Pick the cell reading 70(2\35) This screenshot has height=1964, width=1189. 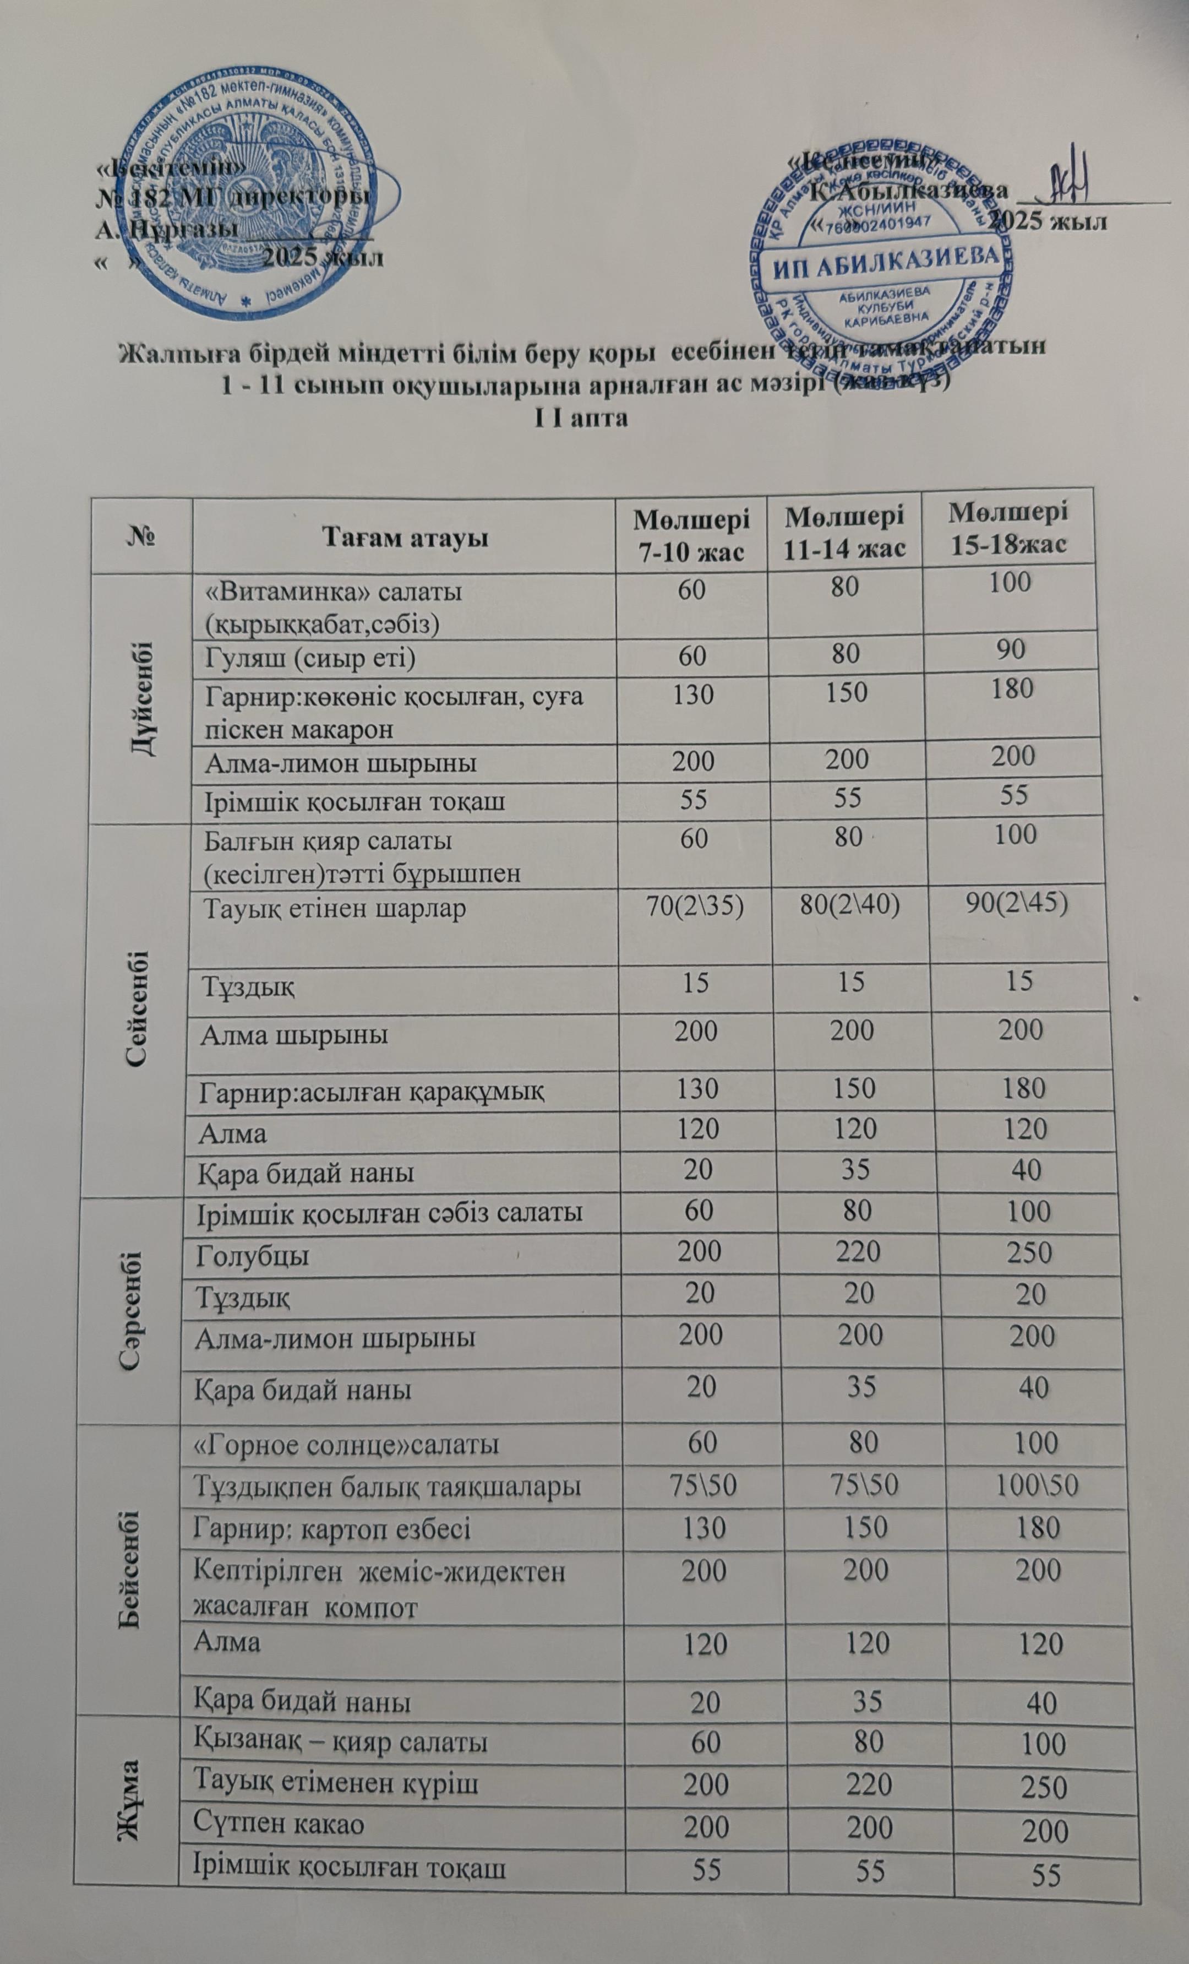(692, 909)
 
